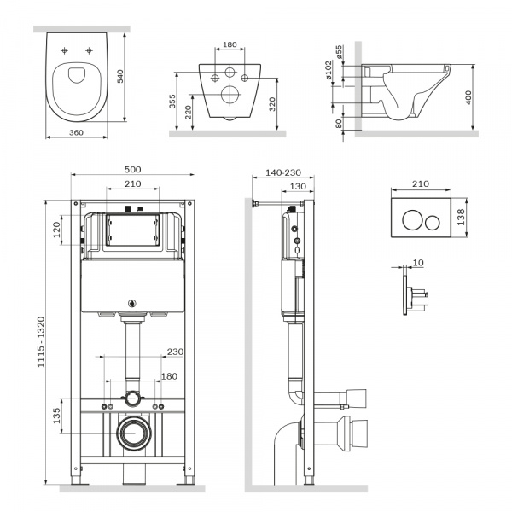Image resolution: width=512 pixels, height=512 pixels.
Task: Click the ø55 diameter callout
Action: tap(340, 54)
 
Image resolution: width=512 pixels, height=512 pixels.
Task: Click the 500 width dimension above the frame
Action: tap(132, 169)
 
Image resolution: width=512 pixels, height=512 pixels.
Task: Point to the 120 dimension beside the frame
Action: tap(56, 230)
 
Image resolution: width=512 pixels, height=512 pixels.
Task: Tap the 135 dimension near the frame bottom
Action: tap(56, 416)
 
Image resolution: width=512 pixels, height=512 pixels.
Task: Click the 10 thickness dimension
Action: tap(417, 263)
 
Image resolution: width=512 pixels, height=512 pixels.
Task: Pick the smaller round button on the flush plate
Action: tap(432, 223)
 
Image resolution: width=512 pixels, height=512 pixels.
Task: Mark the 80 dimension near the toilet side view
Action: tap(339, 124)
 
